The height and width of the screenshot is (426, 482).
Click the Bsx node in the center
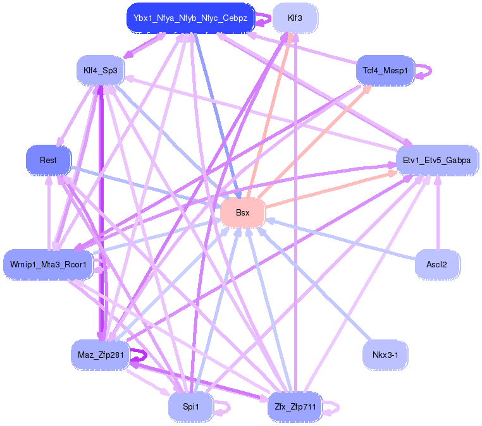(x=242, y=212)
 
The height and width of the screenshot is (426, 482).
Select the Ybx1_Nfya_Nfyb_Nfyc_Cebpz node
(x=190, y=18)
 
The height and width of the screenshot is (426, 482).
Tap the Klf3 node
(x=295, y=18)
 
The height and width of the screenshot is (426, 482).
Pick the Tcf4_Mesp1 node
(x=385, y=71)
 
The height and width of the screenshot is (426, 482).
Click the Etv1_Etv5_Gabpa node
(x=436, y=161)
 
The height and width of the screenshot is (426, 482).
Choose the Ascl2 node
(x=436, y=264)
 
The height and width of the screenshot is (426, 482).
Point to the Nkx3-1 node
(x=385, y=355)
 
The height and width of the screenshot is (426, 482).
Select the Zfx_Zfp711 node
(x=295, y=407)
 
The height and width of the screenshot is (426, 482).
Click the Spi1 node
(x=190, y=407)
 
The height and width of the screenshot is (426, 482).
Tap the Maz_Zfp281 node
(x=101, y=355)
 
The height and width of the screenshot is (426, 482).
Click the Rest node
(x=48, y=160)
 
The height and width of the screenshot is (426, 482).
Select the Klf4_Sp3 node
(x=101, y=70)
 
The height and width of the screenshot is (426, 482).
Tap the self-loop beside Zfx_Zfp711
(x=333, y=408)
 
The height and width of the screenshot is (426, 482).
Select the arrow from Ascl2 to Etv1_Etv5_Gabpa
(x=437, y=215)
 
